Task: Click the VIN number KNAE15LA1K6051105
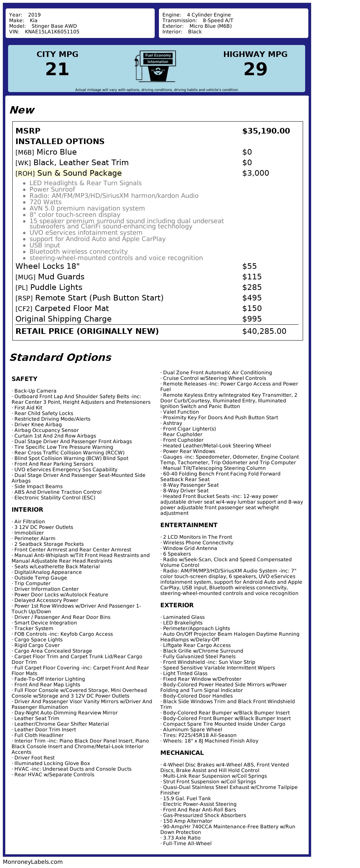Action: pos(52,32)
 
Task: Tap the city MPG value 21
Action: pos(57,69)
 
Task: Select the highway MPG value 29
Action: pos(255,69)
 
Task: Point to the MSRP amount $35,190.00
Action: pos(266,131)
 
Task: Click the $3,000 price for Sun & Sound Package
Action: pos(256,173)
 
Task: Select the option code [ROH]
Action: pos(25,174)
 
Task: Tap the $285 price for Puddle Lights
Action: pos(252,287)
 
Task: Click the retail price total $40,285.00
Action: pos(264,331)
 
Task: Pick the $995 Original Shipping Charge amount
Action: pos(252,319)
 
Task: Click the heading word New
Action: pos(22,110)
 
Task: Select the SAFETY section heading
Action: pos(24,379)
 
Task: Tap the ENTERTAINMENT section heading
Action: pos(189,525)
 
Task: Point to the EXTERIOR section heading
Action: pos(177,605)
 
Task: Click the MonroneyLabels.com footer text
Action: pos(33,862)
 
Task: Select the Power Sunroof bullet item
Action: pos(52,189)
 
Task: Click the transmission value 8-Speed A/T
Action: pos(218,20)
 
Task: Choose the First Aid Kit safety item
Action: pos(28,408)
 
